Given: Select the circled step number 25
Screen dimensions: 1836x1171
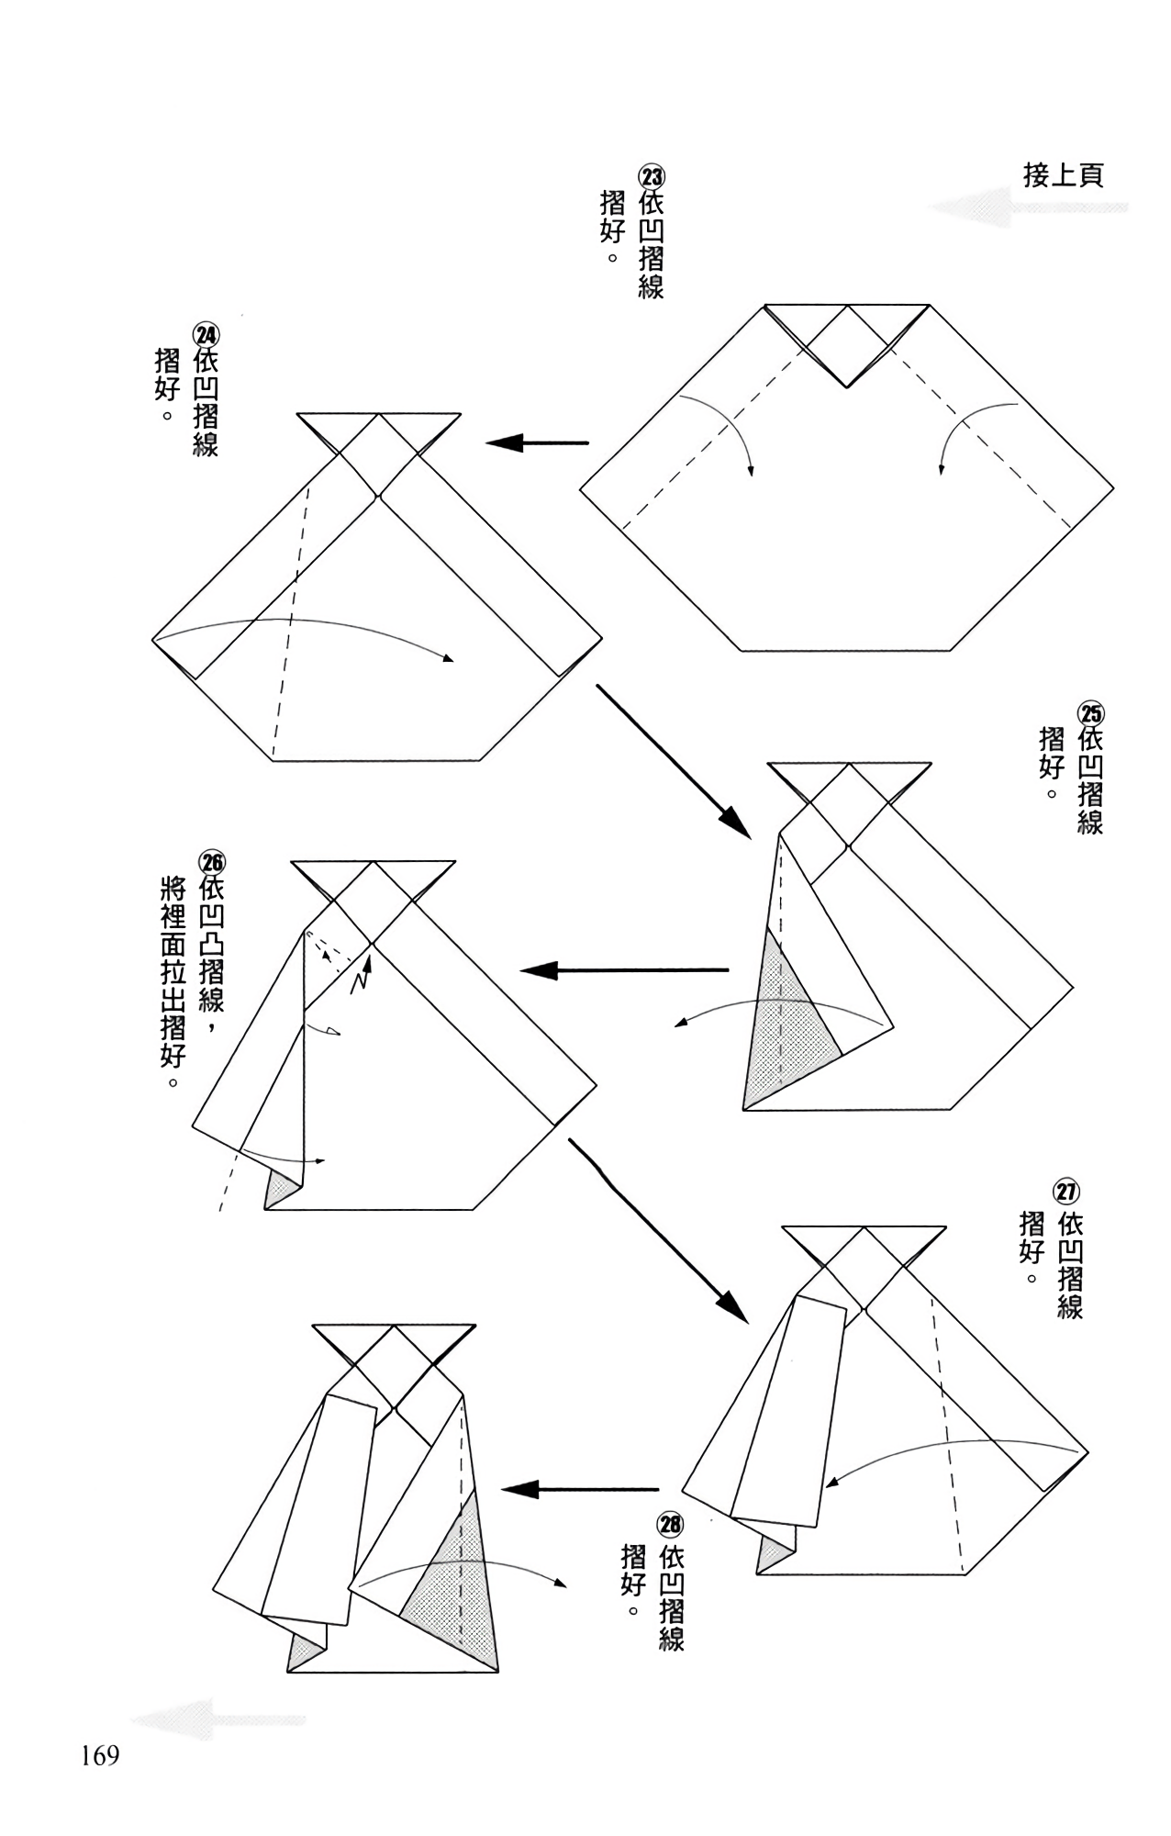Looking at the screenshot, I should [1091, 713].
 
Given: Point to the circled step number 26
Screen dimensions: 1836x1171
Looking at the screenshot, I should [212, 862].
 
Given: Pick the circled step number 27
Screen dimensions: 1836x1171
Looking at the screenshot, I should [1066, 1192].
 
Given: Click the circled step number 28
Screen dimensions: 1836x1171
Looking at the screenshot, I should [671, 1525].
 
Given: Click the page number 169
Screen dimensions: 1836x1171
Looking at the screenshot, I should [100, 1756].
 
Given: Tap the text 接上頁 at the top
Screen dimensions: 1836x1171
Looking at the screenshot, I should [1063, 175].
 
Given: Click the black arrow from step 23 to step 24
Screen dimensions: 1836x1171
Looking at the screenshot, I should [537, 443].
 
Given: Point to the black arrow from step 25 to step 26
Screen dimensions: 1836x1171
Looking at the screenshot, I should [624, 970].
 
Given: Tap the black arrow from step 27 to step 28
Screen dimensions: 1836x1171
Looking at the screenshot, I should [580, 1489].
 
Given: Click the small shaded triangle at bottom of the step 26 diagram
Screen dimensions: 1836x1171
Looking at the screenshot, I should [279, 1192].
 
